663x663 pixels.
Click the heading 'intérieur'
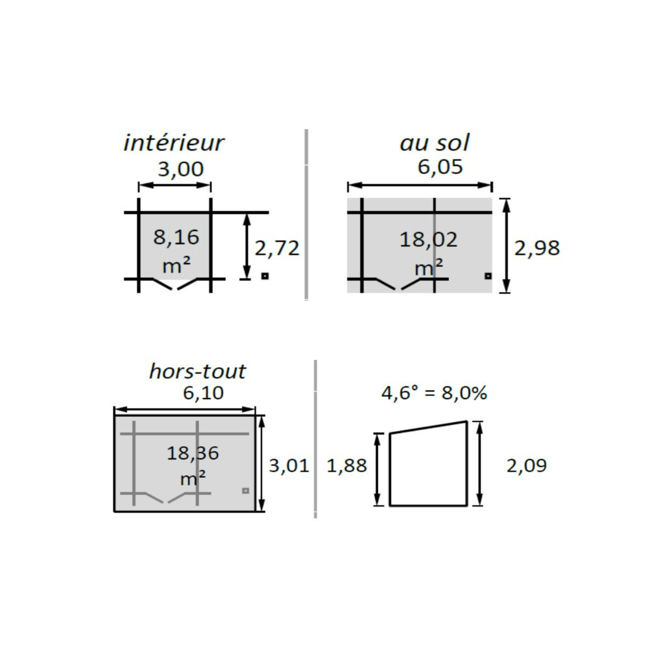(174, 143)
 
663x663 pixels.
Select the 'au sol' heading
(434, 143)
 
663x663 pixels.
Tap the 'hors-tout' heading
(197, 371)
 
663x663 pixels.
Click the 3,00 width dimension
(181, 169)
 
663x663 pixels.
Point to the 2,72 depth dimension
(277, 248)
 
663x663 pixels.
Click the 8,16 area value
(176, 237)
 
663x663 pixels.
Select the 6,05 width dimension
(440, 167)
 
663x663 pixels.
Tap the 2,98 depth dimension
(537, 248)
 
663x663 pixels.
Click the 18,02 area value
(428, 240)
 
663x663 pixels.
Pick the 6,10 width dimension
(203, 392)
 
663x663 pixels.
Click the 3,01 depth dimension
(289, 465)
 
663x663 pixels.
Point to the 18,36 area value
(193, 453)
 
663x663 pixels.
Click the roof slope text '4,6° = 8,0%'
(434, 392)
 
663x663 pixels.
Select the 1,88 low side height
(347, 465)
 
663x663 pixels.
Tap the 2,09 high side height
(526, 465)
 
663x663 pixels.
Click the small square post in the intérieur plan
(265, 276)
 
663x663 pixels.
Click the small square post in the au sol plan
(488, 276)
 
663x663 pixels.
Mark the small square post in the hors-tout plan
(246, 491)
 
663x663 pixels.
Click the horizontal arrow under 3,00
(175, 186)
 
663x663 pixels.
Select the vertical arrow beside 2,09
(480, 463)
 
